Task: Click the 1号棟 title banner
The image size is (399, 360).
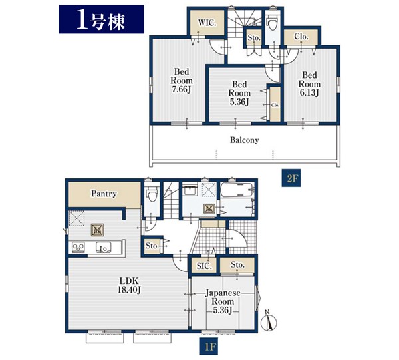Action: click(101, 19)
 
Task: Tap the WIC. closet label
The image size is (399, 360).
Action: click(207, 23)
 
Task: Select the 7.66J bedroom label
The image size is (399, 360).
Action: click(182, 81)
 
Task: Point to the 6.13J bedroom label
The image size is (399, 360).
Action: click(309, 84)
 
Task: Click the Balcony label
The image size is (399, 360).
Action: click(244, 140)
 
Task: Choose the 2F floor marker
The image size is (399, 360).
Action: click(291, 178)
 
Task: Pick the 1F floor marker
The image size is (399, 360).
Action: click(209, 346)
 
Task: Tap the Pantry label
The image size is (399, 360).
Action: click(104, 194)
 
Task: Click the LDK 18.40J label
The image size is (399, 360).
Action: click(129, 285)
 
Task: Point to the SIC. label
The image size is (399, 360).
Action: click(204, 266)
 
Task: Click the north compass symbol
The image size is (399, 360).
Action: click(269, 321)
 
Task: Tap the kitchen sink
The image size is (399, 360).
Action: click(103, 247)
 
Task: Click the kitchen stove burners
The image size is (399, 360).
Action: click(78, 247)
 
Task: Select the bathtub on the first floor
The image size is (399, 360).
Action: click(236, 190)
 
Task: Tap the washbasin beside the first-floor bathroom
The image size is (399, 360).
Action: click(190, 190)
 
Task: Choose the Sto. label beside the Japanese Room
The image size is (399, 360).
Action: click(238, 265)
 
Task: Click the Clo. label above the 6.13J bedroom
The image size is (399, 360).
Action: click(301, 37)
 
